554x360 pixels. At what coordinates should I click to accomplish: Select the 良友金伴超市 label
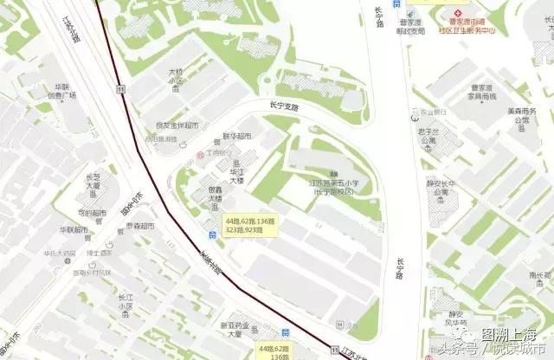click(x=177, y=125)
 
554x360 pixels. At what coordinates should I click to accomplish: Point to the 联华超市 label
click(x=237, y=136)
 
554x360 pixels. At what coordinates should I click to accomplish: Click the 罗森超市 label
click(x=140, y=226)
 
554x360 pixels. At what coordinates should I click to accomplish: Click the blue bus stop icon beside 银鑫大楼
click(x=212, y=234)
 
